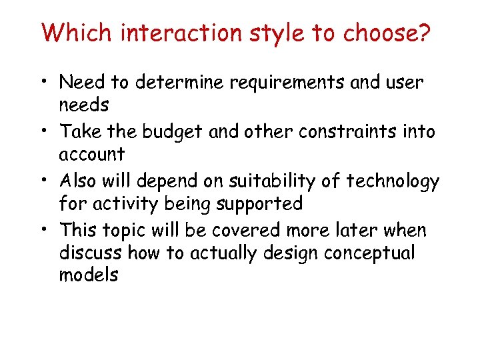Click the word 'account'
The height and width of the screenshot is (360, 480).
(x=92, y=155)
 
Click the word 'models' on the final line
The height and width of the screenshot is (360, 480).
(x=89, y=275)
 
